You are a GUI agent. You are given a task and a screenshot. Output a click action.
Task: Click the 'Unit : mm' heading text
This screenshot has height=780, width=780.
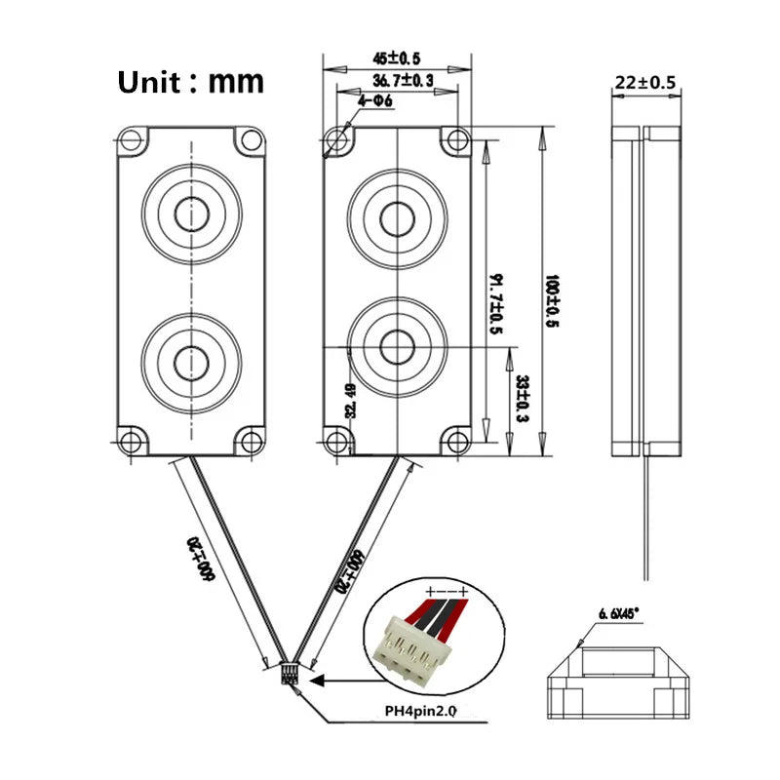[190, 81]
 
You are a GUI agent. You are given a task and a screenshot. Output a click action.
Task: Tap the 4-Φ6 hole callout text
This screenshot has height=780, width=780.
[375, 101]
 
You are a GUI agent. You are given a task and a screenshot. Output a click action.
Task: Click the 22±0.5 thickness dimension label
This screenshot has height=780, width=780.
[644, 83]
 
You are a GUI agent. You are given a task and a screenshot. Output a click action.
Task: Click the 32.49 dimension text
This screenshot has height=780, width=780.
[350, 401]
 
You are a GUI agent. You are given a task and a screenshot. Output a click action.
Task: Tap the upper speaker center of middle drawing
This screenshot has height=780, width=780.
[397, 217]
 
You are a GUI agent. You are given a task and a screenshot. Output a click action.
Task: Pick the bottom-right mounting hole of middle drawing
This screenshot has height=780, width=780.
[454, 440]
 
